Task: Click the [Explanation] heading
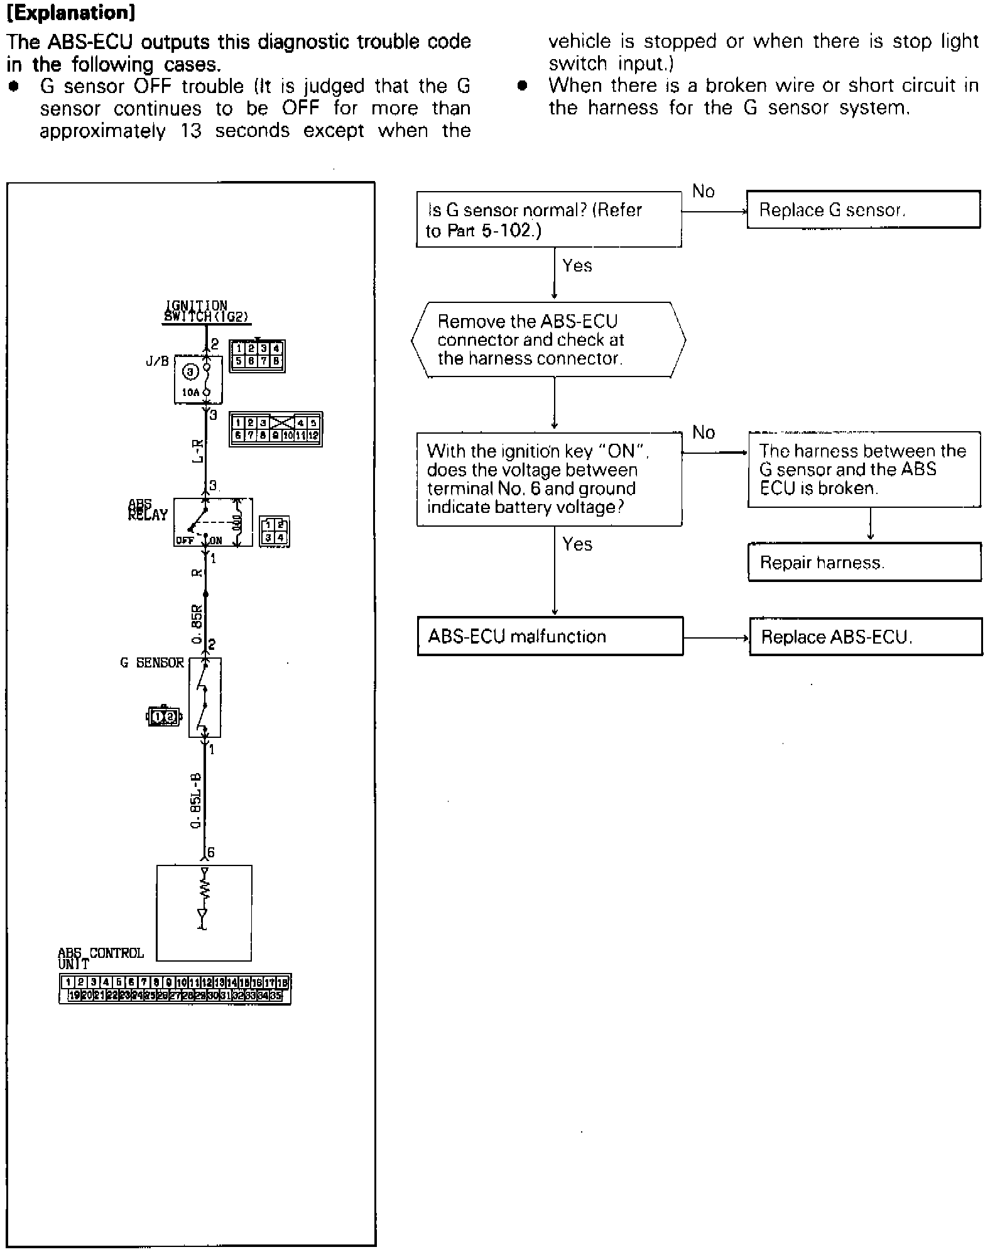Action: (x=71, y=13)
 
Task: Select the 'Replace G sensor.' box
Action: (x=863, y=209)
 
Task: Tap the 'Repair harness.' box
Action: (x=864, y=562)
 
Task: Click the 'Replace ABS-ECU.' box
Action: (x=866, y=637)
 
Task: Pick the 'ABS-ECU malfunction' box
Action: (x=550, y=636)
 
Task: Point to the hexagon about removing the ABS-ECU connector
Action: (x=548, y=340)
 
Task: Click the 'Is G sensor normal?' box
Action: (x=548, y=219)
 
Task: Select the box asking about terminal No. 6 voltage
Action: (x=549, y=479)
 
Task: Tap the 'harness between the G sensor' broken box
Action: (x=864, y=470)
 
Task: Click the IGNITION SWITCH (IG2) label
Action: (x=205, y=312)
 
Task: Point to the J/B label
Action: (x=157, y=361)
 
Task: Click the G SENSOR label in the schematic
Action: (x=152, y=662)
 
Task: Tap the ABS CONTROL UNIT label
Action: (x=100, y=958)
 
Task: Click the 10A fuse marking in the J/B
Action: (x=190, y=392)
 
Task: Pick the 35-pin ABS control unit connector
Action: (x=175, y=989)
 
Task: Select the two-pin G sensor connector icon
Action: (x=164, y=716)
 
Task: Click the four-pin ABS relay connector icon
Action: (x=275, y=532)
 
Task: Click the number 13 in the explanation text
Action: (x=191, y=131)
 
